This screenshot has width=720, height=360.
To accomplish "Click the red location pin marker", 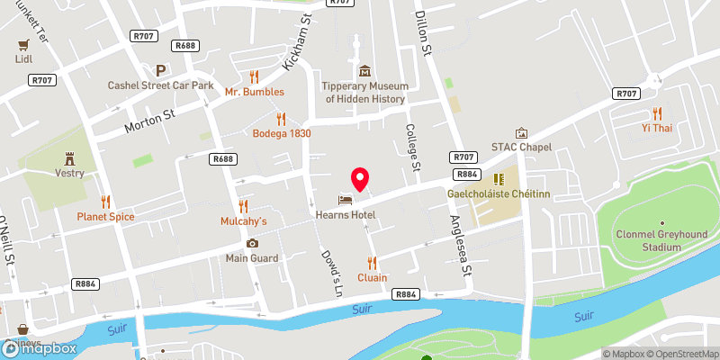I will (360, 178).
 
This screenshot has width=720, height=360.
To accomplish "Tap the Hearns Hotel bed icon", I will (344, 200).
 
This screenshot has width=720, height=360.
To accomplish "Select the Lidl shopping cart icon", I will (22, 42).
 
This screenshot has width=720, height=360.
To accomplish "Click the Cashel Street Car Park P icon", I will (160, 69).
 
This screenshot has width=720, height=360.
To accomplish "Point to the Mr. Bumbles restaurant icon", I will (254, 76).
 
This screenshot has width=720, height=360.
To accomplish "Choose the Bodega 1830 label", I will (281, 133).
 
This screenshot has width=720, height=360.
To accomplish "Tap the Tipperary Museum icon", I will (365, 70).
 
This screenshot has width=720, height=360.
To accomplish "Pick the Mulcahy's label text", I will (244, 220).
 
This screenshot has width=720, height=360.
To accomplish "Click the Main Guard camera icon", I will (252, 243).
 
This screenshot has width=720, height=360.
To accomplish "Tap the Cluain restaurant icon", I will (371, 262).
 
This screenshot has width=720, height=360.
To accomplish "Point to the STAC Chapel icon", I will (520, 133).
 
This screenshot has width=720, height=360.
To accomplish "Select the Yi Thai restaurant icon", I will (657, 112).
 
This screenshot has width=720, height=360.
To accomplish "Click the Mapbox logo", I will (40, 347).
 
